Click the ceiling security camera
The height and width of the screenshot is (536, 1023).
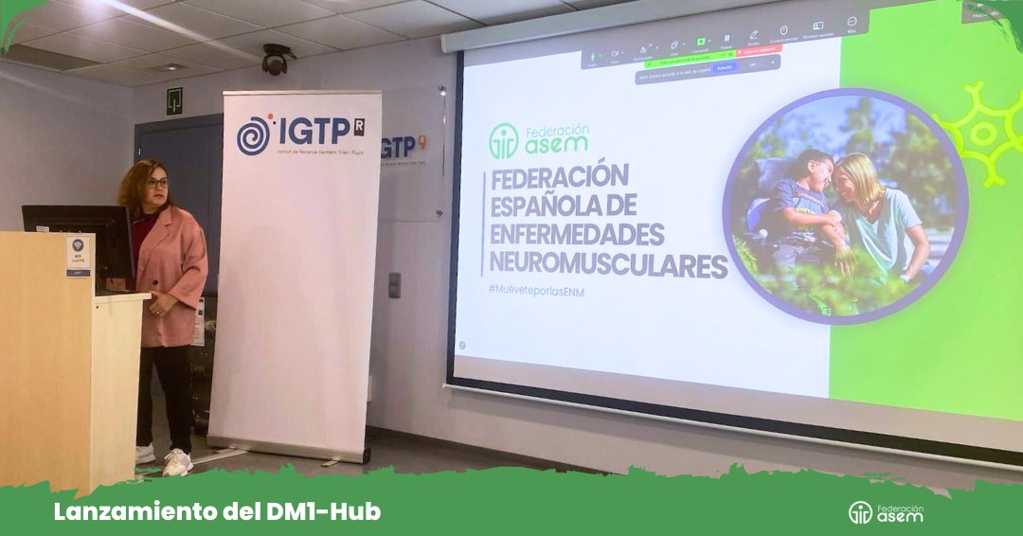tap(276, 61)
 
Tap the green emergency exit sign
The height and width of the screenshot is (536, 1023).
tap(174, 101)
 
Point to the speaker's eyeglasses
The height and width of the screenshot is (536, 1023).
tap(157, 182)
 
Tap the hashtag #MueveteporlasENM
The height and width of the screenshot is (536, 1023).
tap(536, 292)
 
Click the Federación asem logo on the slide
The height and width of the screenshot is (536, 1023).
tap(539, 140)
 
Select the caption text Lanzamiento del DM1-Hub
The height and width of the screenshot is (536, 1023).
tap(217, 512)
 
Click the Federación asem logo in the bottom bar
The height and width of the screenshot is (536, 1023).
tap(886, 512)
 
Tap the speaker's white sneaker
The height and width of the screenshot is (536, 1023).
tap(177, 462)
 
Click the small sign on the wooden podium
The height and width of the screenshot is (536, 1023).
tap(79, 256)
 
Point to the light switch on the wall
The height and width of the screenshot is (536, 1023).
tap(394, 285)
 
